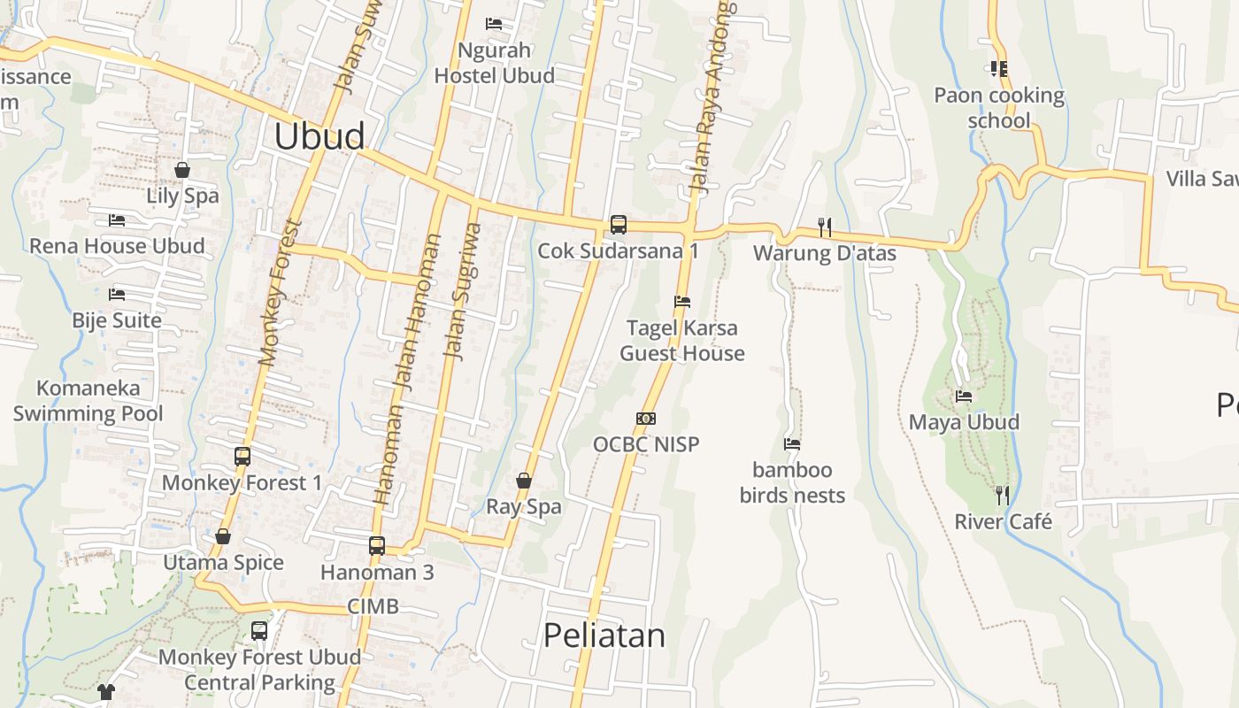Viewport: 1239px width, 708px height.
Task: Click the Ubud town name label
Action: [x=319, y=136]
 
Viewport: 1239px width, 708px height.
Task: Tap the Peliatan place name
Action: [x=604, y=635]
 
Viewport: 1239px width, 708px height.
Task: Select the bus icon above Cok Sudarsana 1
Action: [x=619, y=224]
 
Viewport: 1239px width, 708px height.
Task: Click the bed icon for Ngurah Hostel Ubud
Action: [x=494, y=24]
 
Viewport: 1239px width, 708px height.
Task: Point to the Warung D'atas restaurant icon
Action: [x=825, y=227]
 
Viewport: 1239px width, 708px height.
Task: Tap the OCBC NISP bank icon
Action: [x=646, y=419]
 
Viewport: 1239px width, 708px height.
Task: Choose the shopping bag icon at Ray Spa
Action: [x=524, y=481]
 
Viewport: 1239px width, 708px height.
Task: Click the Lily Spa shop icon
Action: [x=182, y=169]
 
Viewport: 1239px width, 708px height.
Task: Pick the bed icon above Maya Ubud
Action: [x=964, y=396]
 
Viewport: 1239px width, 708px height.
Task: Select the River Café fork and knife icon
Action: [x=1003, y=495]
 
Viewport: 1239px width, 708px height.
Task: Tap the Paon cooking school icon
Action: [x=999, y=68]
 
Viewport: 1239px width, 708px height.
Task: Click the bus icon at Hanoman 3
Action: [x=377, y=545]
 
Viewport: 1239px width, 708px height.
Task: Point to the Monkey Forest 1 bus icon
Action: [x=242, y=457]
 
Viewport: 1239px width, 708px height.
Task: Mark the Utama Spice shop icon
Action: [x=223, y=536]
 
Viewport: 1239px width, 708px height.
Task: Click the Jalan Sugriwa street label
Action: [x=464, y=291]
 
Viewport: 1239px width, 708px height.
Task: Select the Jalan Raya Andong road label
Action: [x=713, y=97]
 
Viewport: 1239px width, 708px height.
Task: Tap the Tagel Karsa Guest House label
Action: [x=681, y=341]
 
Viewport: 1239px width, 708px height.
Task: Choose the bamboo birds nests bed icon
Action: [x=792, y=443]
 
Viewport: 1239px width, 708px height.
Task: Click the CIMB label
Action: [x=373, y=606]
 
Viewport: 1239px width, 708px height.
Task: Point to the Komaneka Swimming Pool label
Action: [x=88, y=401]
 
